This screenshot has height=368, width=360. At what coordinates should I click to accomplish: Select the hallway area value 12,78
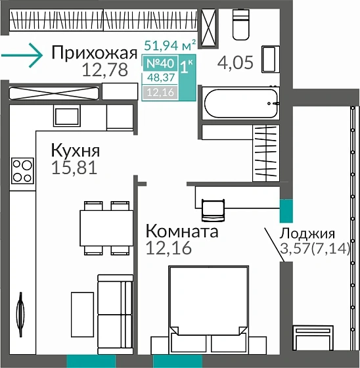pyautogui.click(x=105, y=70)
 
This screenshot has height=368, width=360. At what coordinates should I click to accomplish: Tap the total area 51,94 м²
pyautogui.click(x=169, y=46)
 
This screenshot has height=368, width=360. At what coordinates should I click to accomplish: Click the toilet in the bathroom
pyautogui.click(x=240, y=26)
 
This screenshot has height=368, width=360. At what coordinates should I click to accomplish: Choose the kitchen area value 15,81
pyautogui.click(x=74, y=167)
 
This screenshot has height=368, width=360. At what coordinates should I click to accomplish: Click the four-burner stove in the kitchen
pyautogui.click(x=22, y=170)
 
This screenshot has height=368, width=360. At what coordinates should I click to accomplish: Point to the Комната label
pyautogui.click(x=181, y=231)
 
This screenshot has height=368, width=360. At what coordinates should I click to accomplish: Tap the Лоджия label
pyautogui.click(x=307, y=233)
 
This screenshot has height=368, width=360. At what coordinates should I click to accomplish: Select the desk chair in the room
pyautogui.click(x=212, y=209)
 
